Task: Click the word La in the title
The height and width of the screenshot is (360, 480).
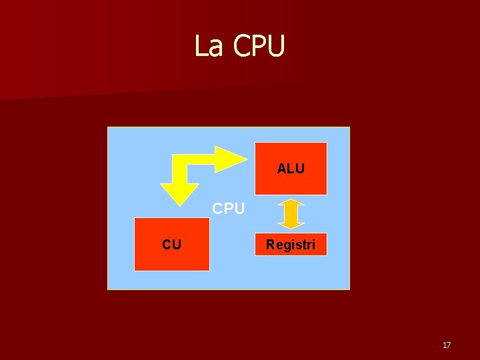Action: tap(208, 46)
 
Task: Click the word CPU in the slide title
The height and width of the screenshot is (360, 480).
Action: tap(259, 46)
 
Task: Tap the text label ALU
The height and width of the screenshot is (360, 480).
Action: tap(291, 169)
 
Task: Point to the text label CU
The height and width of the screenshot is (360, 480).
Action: tap(171, 245)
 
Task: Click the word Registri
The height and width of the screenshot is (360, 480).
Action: tap(291, 245)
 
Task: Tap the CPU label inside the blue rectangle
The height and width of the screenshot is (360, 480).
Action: tap(229, 209)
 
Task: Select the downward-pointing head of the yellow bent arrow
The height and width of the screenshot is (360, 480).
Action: tap(179, 193)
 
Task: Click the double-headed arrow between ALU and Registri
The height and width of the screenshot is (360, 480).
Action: tap(291, 213)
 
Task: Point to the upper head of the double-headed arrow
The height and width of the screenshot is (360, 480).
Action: tap(291, 202)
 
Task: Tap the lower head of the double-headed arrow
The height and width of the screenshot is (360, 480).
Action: tap(291, 224)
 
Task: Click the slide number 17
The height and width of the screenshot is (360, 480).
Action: tap(447, 345)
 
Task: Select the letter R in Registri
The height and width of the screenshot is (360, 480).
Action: tap(270, 245)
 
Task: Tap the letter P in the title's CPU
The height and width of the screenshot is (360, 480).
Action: tap(260, 46)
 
